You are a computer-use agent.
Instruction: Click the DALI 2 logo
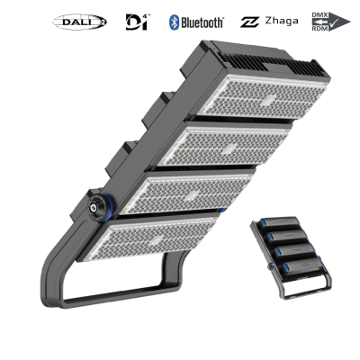(81, 21)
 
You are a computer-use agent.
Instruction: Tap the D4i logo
(136, 21)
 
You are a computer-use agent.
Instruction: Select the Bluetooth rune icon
(174, 21)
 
